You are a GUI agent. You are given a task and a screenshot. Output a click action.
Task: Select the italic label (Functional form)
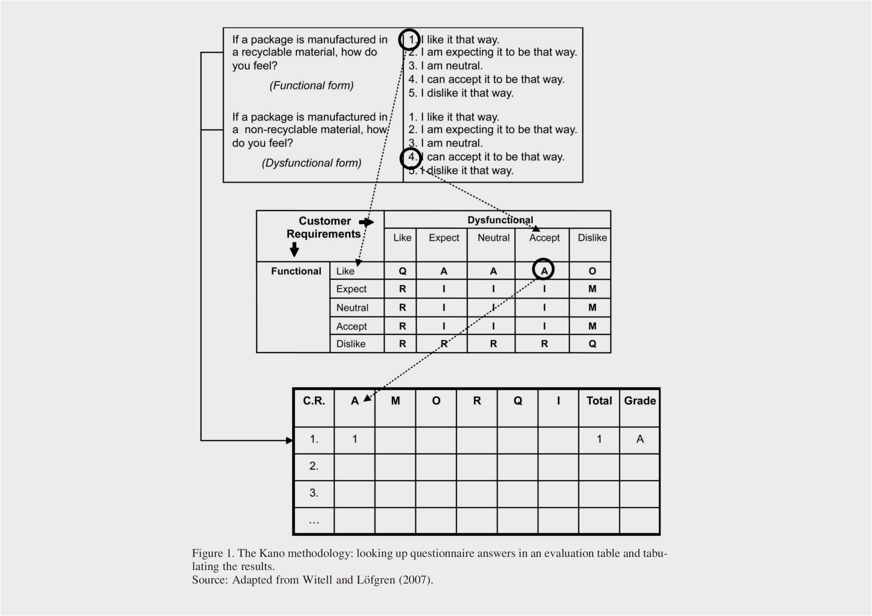click(x=311, y=85)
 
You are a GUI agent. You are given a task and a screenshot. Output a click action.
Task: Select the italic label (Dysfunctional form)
click(x=311, y=163)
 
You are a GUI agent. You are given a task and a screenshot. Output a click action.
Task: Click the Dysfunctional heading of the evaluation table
click(x=500, y=220)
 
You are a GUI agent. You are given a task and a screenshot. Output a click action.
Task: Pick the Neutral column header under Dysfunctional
click(x=493, y=238)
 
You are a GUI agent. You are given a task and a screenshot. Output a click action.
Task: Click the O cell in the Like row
click(x=592, y=271)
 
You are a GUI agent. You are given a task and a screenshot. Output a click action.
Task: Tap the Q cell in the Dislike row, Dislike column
click(x=592, y=344)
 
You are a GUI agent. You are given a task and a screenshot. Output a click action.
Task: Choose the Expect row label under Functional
click(x=351, y=289)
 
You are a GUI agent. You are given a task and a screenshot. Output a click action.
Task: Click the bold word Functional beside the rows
click(x=296, y=271)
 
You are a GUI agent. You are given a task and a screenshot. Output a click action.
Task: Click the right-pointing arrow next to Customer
click(x=366, y=222)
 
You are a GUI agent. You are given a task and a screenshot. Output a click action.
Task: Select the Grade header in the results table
click(x=640, y=401)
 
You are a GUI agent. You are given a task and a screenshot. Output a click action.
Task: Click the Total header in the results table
click(x=599, y=401)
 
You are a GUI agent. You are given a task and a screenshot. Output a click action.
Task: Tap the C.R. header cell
click(x=314, y=401)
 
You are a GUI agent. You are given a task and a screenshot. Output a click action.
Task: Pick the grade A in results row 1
click(x=640, y=439)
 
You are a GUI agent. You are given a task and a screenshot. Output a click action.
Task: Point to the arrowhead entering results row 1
click(x=289, y=440)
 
